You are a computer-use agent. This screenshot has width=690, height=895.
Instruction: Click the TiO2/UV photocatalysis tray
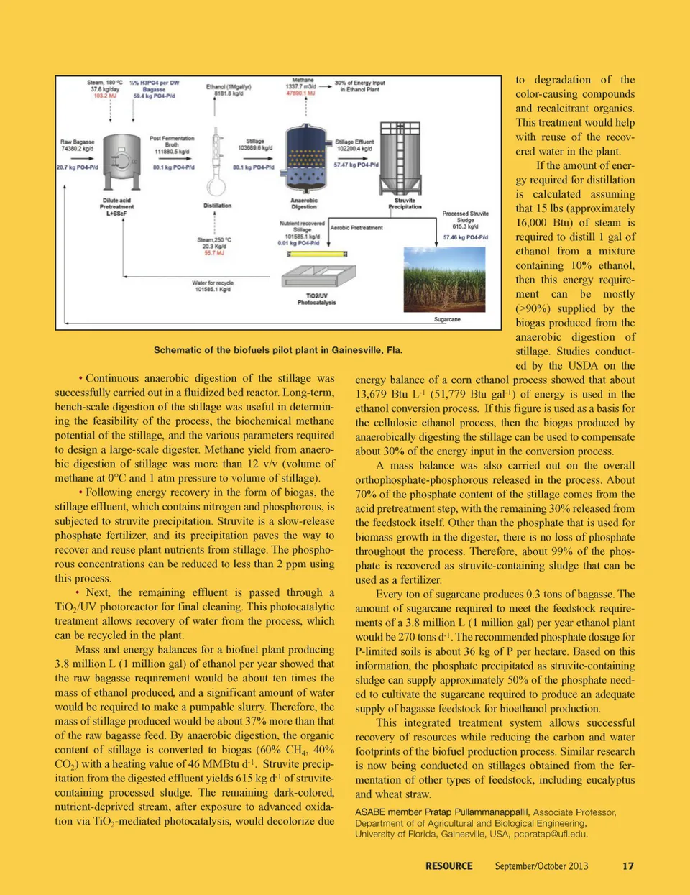[318, 277]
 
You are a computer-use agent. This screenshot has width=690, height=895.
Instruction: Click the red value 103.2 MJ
[105, 96]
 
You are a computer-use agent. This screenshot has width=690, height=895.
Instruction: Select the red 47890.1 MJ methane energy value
[300, 93]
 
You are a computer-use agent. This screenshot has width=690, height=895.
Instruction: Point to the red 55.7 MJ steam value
[214, 252]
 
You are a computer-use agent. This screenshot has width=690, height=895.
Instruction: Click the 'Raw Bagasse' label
[77, 142]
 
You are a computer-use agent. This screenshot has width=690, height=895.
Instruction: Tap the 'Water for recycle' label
[213, 283]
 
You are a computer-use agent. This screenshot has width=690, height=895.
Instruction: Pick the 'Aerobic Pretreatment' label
[356, 228]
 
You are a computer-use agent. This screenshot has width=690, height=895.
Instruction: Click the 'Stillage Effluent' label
[354, 142]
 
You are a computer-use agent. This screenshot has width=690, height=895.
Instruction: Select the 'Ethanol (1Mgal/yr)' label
[229, 86]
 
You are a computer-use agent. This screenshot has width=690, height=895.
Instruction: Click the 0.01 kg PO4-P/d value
[298, 242]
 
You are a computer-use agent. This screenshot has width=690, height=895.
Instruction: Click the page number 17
[627, 866]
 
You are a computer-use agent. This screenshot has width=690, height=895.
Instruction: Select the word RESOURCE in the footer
[448, 866]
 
